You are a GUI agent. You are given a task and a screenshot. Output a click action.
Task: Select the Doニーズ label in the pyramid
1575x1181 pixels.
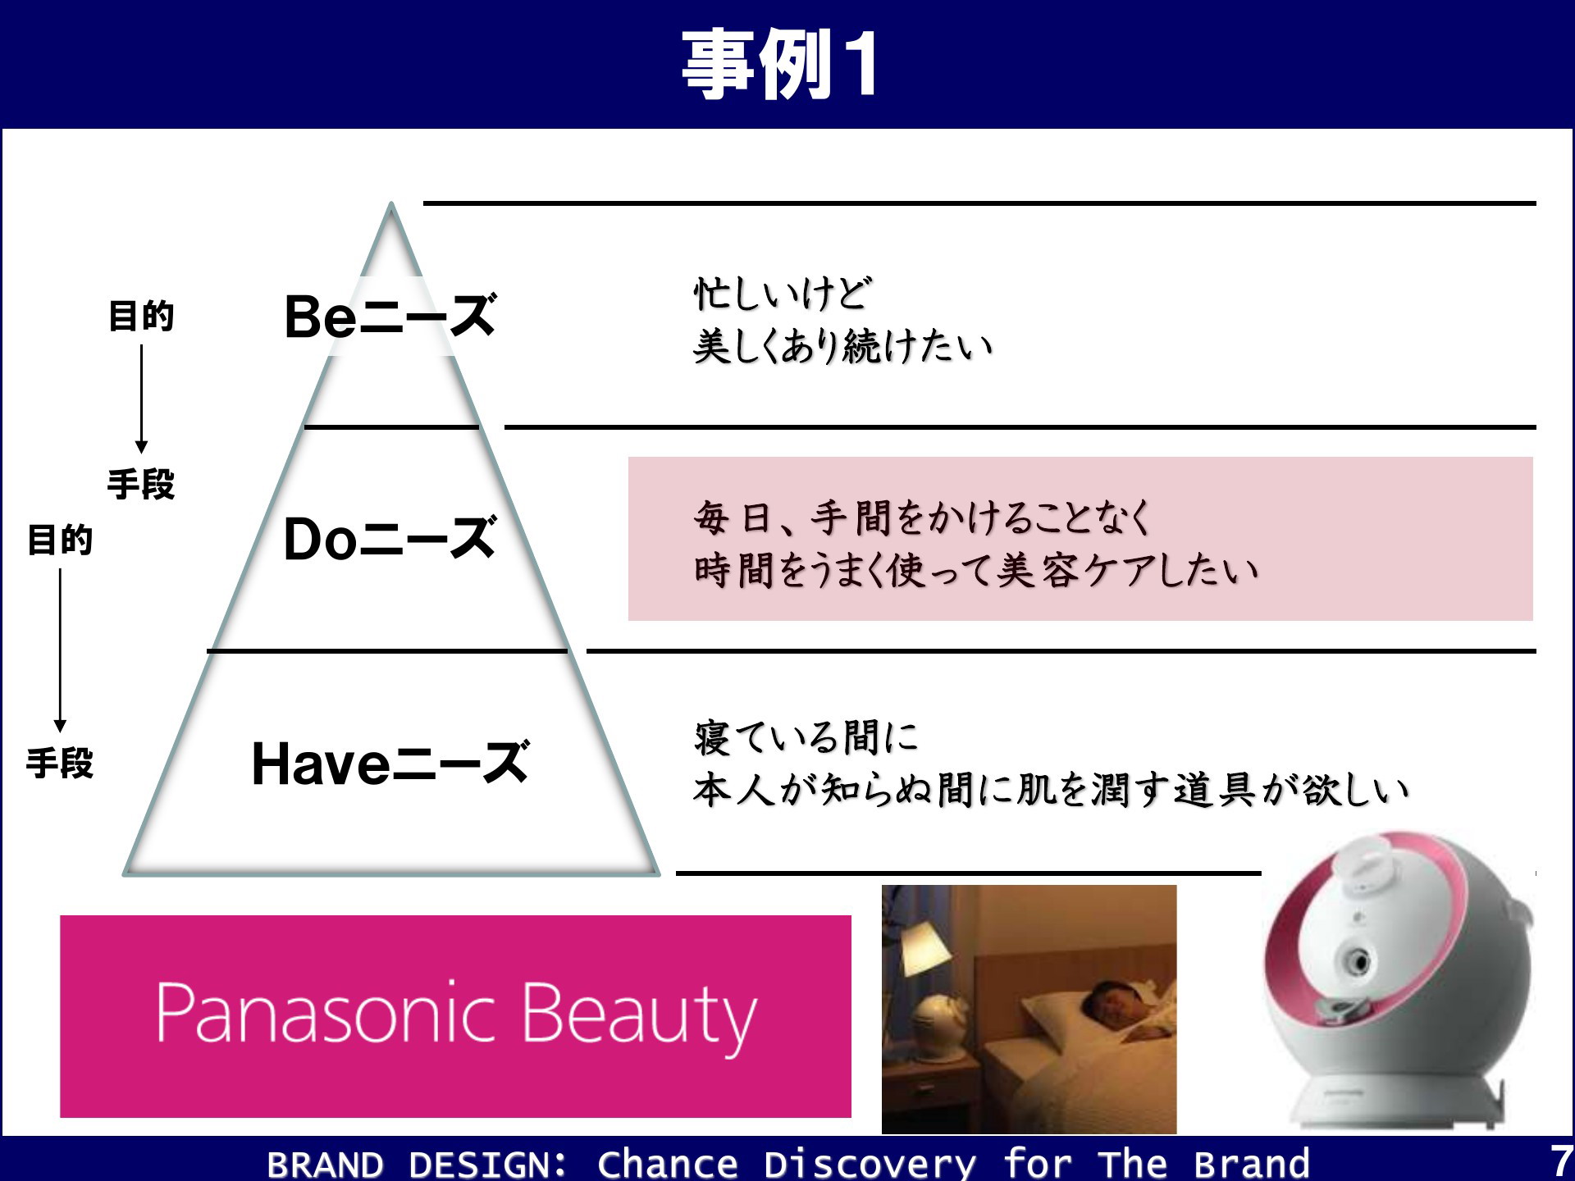pyautogui.click(x=390, y=539)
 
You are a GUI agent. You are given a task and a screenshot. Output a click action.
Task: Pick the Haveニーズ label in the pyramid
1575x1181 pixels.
pyautogui.click(x=390, y=763)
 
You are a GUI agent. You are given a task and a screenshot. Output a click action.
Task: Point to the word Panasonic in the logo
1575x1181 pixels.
pyautogui.click(x=326, y=1013)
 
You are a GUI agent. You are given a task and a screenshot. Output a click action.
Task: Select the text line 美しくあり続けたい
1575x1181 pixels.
pyautogui.click(x=842, y=346)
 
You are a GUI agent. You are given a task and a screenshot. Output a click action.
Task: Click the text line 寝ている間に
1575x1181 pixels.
pyautogui.click(x=806, y=737)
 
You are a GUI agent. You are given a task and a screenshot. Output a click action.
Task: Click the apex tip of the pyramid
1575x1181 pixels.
pyautogui.click(x=391, y=203)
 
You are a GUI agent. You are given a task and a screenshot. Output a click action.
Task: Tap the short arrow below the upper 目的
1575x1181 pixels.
pyautogui.click(x=141, y=399)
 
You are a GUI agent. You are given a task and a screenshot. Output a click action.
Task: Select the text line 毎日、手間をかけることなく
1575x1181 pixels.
pyautogui.click(x=923, y=518)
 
